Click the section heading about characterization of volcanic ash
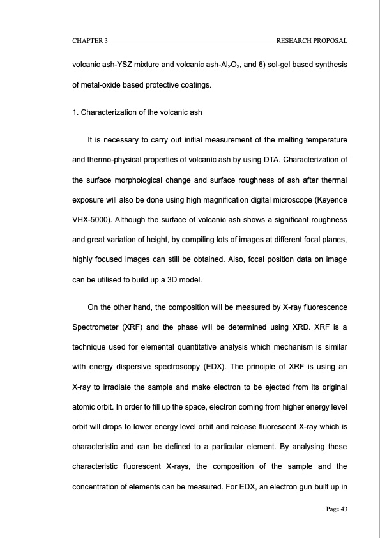[x=137, y=112]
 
